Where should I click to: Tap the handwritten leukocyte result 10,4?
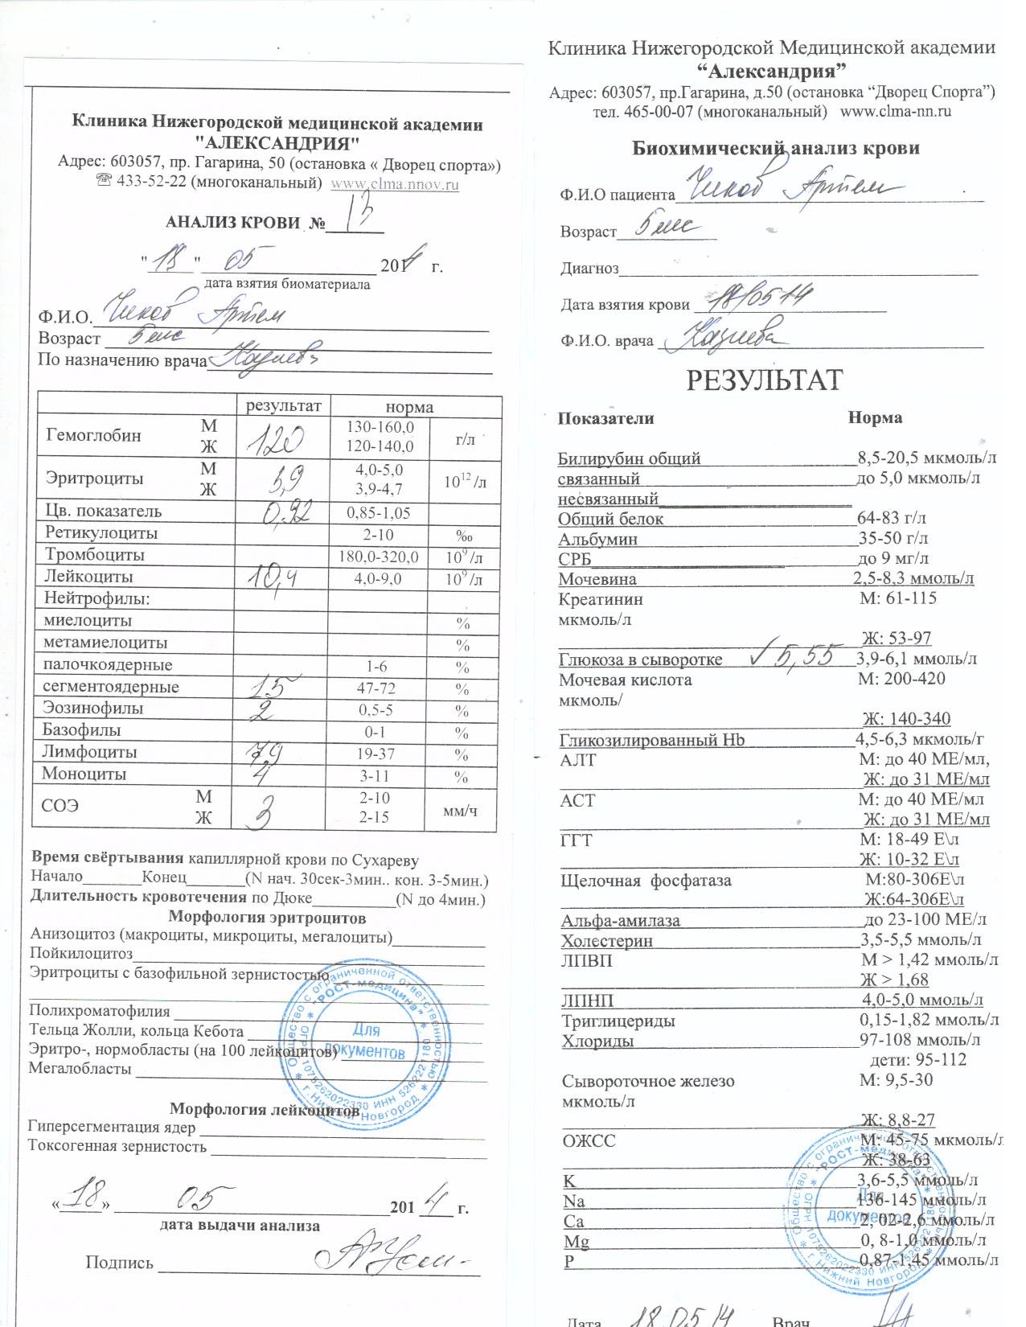click(273, 577)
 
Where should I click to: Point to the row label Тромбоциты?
click(95, 555)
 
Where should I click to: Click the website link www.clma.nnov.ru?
click(395, 183)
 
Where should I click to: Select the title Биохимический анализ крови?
click(775, 148)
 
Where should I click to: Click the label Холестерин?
click(606, 940)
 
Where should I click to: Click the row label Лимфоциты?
click(89, 753)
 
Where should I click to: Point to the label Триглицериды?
click(618, 1021)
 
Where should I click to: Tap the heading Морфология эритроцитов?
click(267, 918)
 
